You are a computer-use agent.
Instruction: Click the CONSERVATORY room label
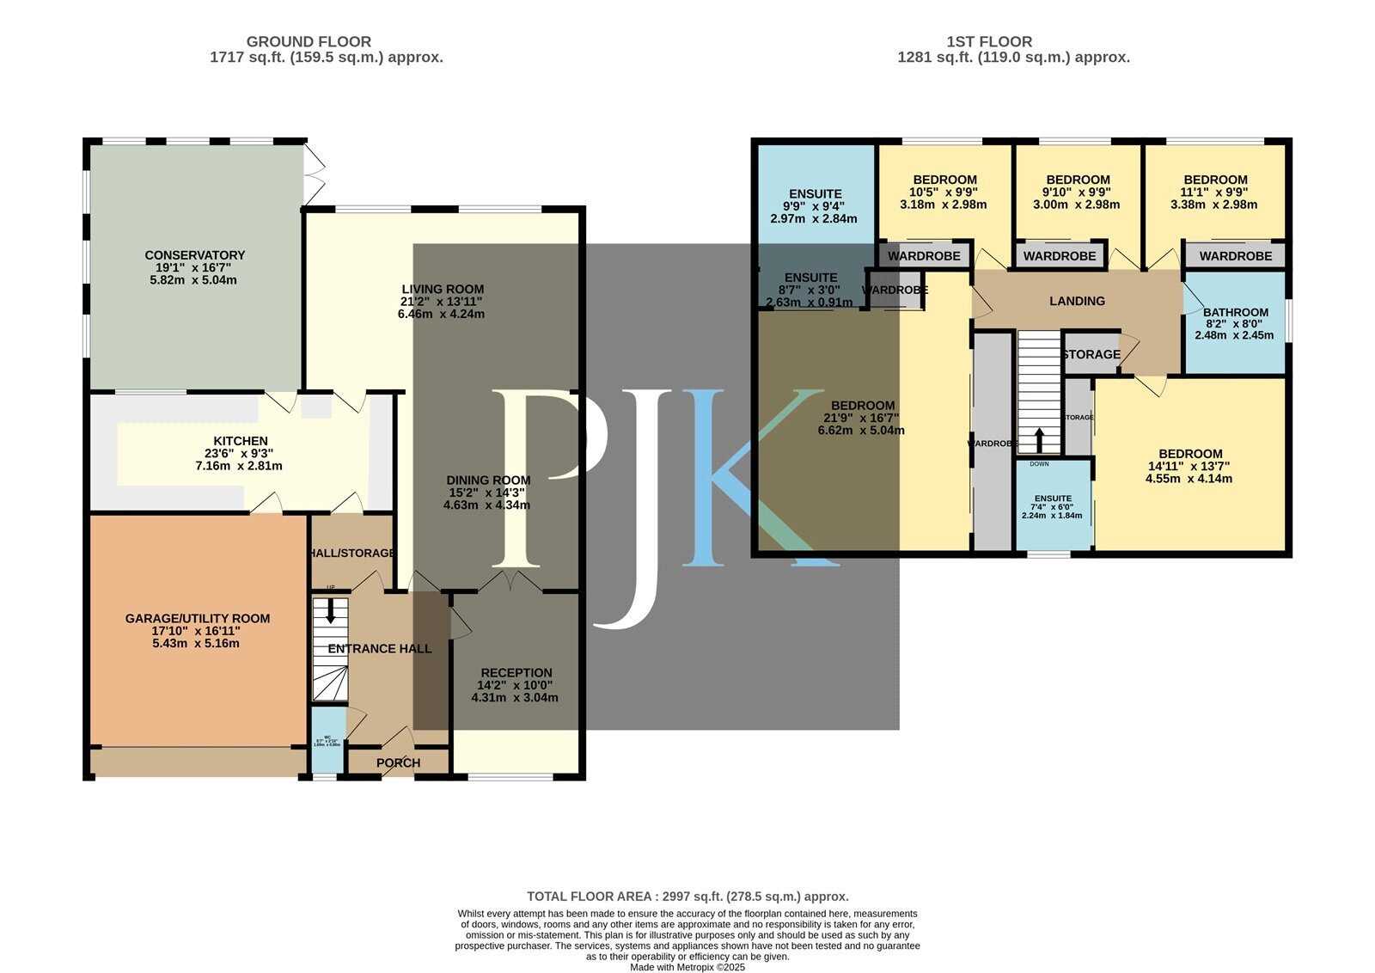coord(195,255)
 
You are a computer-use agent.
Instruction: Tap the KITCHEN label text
coord(241,441)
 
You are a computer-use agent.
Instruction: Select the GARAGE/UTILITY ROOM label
coord(198,618)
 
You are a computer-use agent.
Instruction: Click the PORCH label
coord(399,763)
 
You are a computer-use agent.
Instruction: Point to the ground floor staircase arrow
coord(331,610)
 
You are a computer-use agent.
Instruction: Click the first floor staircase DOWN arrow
coord(1039,441)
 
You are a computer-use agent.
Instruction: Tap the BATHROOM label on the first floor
coord(1235,313)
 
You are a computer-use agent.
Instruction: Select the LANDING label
coord(1077,301)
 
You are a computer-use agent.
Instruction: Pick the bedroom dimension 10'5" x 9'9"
coord(944,193)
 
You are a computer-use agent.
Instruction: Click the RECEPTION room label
coord(516,673)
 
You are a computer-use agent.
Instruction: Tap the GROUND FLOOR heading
coord(309,41)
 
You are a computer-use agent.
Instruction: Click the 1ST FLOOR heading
coord(989,41)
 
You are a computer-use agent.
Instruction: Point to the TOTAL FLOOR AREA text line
coord(687,897)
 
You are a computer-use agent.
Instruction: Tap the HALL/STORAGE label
coord(352,554)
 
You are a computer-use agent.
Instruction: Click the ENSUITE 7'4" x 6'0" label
coord(1053,499)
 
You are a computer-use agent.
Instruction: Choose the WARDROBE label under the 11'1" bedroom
coord(1235,256)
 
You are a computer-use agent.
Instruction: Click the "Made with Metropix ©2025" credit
coord(687,967)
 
